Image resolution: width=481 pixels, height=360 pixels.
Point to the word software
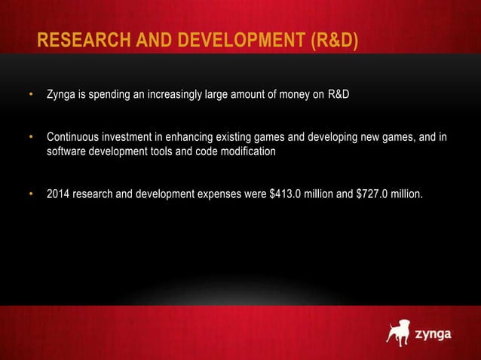tap(67, 151)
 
